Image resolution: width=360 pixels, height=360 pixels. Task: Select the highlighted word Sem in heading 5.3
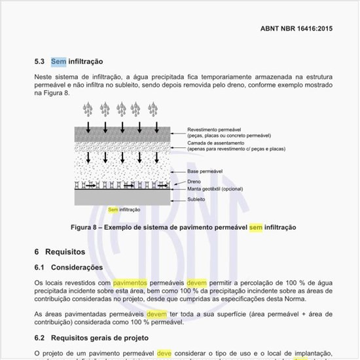click(58, 62)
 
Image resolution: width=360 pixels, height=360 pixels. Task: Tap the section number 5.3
click(39, 62)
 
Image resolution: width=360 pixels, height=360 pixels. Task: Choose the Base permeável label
click(205, 171)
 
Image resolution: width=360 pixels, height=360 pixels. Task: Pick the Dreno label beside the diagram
click(194, 181)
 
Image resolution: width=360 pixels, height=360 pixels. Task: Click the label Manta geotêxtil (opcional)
click(215, 189)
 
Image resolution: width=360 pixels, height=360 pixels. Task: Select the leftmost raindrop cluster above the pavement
click(88, 109)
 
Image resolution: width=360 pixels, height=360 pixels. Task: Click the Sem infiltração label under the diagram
click(124, 209)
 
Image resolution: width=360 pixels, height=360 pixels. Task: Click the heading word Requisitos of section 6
click(66, 251)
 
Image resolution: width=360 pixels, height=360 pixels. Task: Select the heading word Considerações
click(77, 267)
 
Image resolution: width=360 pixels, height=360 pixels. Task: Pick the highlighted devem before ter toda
click(156, 314)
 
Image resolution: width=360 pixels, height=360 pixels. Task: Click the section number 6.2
click(40, 338)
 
